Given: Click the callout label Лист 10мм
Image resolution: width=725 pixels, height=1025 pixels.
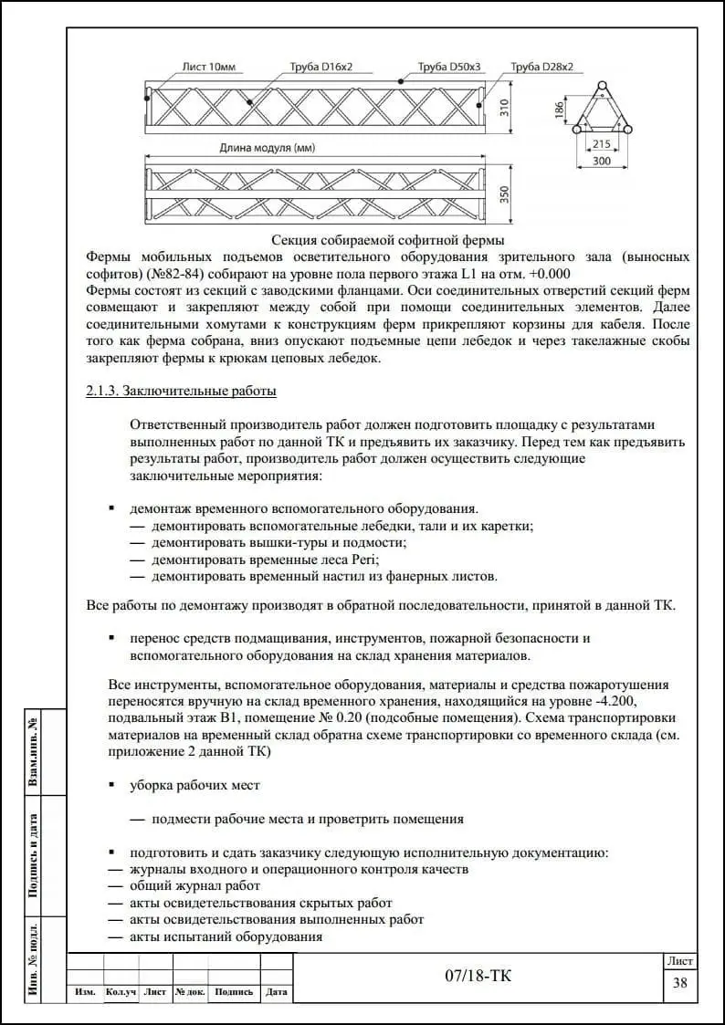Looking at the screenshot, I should [209, 67].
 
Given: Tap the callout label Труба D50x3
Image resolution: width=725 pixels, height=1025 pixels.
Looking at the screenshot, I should [449, 67].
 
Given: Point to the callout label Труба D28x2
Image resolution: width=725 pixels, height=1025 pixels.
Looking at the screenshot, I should [542, 67].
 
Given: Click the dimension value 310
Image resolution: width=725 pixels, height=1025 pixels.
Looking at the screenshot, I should [504, 108].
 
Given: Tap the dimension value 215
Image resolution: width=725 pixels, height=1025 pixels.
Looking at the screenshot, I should [602, 144].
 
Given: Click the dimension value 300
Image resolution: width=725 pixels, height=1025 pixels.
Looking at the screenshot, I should [602, 161].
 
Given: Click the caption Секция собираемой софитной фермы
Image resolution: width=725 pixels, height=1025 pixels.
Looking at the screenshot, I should [387, 240].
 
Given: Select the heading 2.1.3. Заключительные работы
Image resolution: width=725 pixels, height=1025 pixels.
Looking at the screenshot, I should [181, 391].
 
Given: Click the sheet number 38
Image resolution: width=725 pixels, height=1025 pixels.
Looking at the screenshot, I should [679, 983].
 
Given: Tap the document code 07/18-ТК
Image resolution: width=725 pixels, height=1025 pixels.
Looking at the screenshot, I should [478, 977].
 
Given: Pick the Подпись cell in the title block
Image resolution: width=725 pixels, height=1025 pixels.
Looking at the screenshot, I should [235, 992].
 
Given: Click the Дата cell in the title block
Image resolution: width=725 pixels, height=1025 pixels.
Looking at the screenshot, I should [277, 992].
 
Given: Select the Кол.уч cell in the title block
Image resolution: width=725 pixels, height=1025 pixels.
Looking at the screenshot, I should [121, 992].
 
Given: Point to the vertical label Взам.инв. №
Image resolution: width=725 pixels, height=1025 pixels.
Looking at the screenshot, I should [33, 751].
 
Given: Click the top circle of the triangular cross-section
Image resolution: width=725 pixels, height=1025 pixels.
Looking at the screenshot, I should [602, 87].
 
